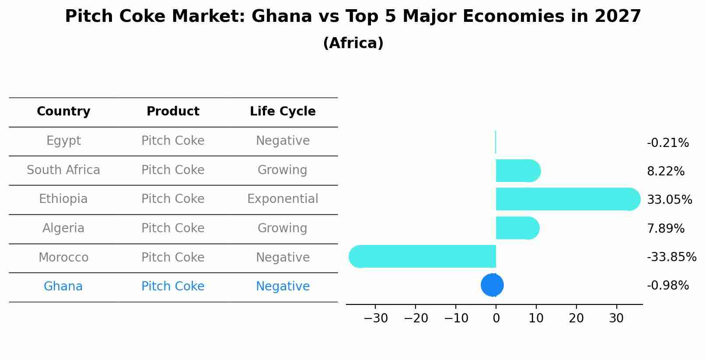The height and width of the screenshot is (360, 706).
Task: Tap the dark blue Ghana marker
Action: click(492, 285)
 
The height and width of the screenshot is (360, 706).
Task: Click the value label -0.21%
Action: click(668, 143)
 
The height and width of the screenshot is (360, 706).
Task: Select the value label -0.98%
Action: click(668, 286)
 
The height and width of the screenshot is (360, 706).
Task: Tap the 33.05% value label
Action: click(669, 200)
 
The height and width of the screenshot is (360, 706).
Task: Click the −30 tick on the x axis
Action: click(376, 318)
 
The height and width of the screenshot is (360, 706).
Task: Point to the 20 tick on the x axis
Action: click(576, 318)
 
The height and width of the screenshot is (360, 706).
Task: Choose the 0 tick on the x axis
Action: click(496, 318)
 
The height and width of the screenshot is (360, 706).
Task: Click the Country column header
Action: click(63, 112)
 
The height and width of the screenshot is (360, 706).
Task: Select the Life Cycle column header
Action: click(283, 112)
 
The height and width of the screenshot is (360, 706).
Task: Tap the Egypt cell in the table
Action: click(63, 141)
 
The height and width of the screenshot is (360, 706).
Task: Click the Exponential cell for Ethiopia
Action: click(283, 199)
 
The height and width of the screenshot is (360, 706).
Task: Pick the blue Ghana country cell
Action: click(63, 287)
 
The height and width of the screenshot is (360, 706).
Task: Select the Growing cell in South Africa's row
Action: click(282, 170)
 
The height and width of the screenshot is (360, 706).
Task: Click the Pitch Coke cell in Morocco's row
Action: click(173, 258)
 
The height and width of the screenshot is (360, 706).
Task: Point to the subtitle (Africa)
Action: click(353, 43)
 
